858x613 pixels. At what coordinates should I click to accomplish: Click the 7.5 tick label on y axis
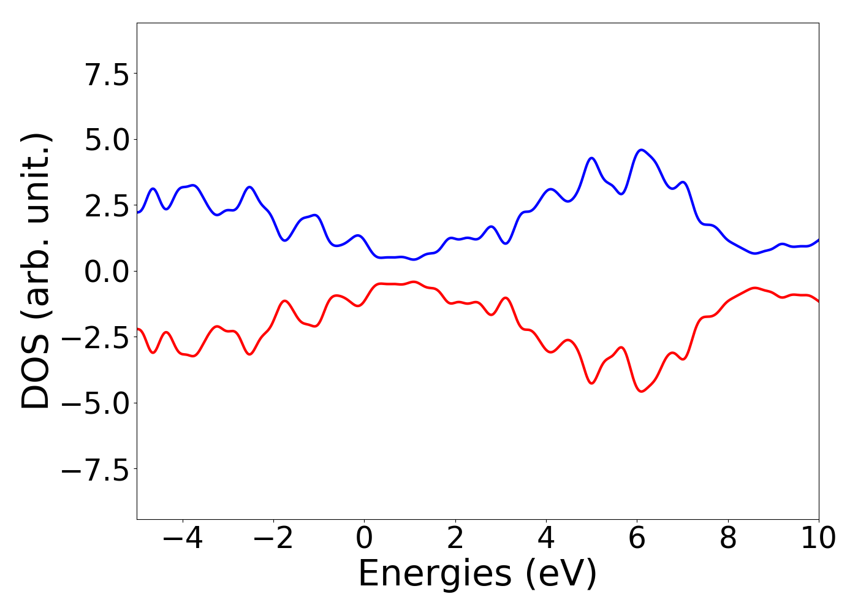107,76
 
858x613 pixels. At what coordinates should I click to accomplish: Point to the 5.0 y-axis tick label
107,142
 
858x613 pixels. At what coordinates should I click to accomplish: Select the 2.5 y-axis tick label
107,208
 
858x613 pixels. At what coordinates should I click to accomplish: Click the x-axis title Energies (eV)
477,574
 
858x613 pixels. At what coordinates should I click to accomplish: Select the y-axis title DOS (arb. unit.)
37,271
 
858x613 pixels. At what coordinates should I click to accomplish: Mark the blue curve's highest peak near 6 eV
641,150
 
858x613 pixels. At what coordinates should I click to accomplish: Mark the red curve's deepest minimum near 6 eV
641,391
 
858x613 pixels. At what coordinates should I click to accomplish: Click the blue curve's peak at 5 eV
591,158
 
